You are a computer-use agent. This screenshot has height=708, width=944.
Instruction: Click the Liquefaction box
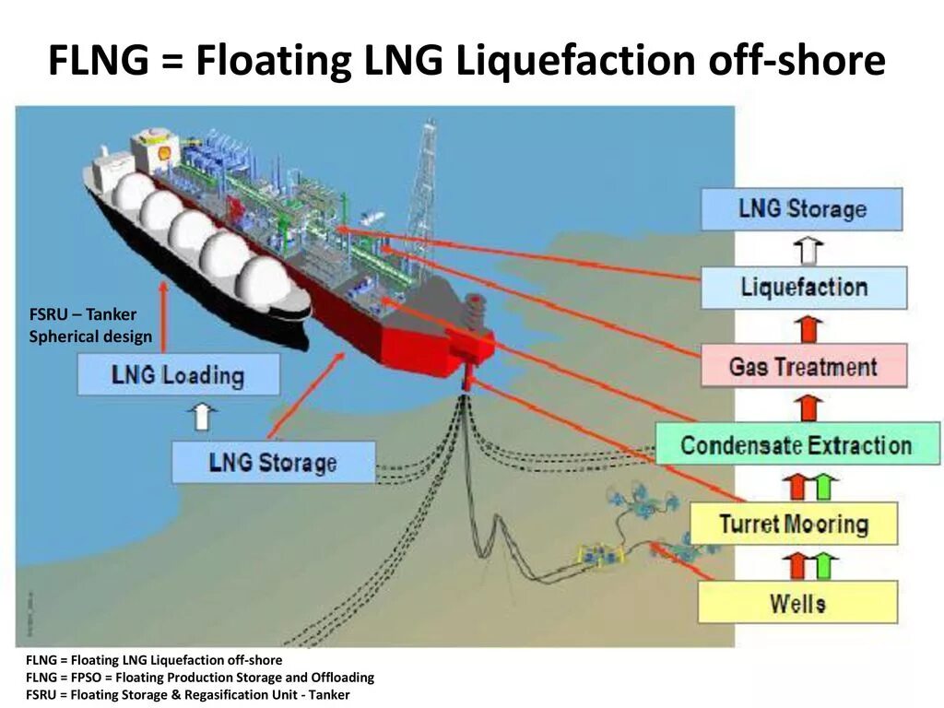coord(803,288)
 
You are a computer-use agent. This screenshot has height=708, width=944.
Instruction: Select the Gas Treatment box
coord(803,367)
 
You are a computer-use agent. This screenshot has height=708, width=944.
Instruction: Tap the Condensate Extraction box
coord(796,445)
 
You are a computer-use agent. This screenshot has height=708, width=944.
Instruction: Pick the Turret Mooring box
coord(793,525)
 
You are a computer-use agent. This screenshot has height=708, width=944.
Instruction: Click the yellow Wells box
coord(797,604)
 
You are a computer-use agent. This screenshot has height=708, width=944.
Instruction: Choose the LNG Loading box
coord(178,375)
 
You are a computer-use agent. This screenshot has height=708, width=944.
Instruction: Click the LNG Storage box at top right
coord(801,209)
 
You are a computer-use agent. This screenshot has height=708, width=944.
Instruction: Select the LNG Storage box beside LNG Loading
coord(273,462)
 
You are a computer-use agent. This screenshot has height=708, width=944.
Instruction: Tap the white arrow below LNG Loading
coord(203,417)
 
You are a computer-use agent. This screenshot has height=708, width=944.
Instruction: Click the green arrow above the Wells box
coord(824,563)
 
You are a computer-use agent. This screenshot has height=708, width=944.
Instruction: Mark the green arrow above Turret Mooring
coord(824,485)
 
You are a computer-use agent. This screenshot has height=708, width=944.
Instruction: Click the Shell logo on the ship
coord(164,155)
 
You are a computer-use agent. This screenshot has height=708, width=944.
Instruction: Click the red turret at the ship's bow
coord(475,336)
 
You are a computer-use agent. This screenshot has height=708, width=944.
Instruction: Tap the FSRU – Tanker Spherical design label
coord(89,325)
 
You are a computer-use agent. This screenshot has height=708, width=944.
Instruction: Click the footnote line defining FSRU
coord(188,694)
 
